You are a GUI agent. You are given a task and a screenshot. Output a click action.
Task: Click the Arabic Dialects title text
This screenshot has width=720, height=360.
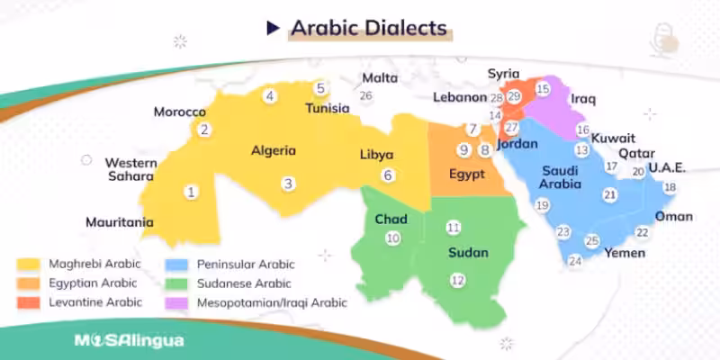coord(368,28)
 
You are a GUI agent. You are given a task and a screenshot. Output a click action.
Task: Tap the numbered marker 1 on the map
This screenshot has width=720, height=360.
coord(190,192)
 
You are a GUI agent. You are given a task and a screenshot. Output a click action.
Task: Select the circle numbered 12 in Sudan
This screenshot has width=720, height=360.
coord(458,280)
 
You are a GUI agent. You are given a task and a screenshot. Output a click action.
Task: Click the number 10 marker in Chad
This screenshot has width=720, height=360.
coord(392,238)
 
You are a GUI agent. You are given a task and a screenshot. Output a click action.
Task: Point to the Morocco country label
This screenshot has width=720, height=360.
coord(180,112)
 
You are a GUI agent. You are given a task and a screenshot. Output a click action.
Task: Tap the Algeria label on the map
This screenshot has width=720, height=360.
coord(274,150)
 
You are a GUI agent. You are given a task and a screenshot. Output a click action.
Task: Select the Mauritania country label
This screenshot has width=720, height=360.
coord(120,221)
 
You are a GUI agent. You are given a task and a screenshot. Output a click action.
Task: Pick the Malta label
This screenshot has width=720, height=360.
coord(379,78)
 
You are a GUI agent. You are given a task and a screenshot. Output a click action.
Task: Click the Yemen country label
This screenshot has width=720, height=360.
coord(624,253)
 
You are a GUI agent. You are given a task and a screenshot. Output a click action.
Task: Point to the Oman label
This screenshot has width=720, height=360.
coord(673,216)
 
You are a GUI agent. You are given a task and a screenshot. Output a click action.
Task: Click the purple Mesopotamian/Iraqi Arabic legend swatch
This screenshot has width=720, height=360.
coord(176,302)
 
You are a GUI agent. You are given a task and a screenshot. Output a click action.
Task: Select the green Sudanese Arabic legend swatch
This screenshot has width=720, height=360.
coord(176,283)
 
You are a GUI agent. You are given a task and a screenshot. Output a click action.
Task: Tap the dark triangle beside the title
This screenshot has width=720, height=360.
coord(273,28)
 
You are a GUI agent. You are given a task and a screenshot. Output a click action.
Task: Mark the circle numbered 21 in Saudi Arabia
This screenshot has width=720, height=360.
coord(610,194)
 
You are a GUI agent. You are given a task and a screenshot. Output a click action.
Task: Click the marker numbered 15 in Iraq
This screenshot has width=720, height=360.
coord(542,88)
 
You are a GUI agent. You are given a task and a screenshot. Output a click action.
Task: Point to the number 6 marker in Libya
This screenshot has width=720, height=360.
coord(388,175)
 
